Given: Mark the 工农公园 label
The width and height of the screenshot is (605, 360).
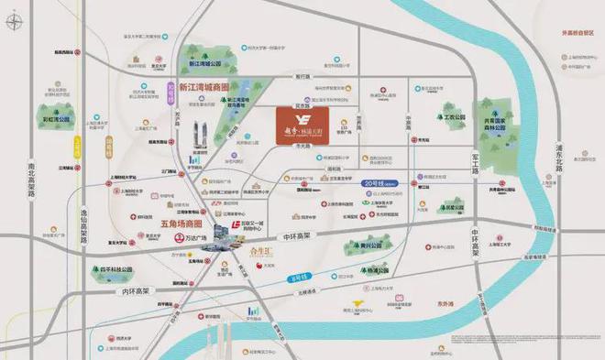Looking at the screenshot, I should point(449,117).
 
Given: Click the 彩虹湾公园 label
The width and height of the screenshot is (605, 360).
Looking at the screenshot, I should point(55,118).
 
